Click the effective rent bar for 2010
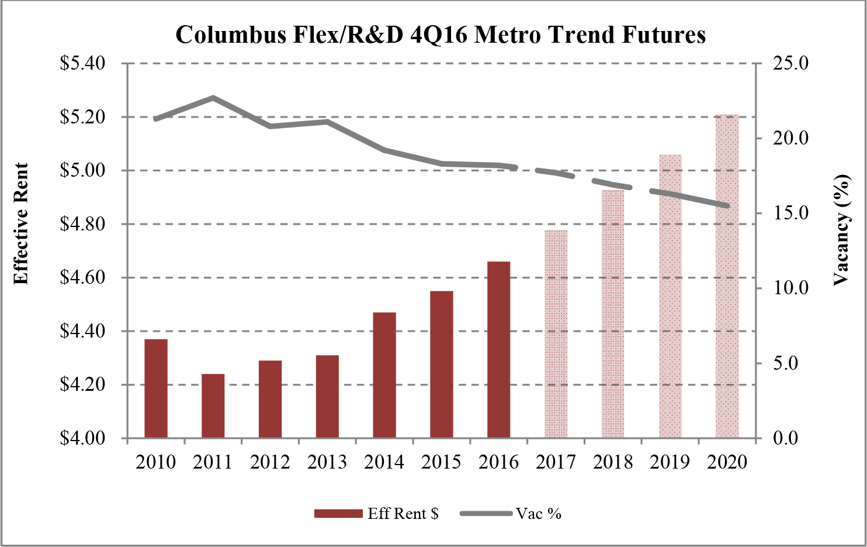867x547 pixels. point(156,388)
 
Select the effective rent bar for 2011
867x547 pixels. point(213,406)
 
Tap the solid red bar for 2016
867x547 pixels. point(499,350)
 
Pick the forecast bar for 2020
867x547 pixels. point(727,276)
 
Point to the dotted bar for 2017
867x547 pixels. point(556,334)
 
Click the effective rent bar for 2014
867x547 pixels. point(384,375)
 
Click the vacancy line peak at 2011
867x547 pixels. point(213,98)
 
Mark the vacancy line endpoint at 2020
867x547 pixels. point(727,206)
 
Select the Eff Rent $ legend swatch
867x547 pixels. point(338,514)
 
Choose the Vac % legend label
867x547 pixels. point(538,514)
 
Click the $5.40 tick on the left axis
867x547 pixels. point(82,63)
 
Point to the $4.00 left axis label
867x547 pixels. point(82,438)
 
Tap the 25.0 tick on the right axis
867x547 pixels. point(790,63)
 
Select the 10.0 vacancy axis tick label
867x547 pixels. point(790,288)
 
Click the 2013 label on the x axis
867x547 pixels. point(327,462)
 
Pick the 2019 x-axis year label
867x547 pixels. point(670,462)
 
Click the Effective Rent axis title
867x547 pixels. point(22,223)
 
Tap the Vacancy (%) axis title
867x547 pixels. point(841,229)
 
